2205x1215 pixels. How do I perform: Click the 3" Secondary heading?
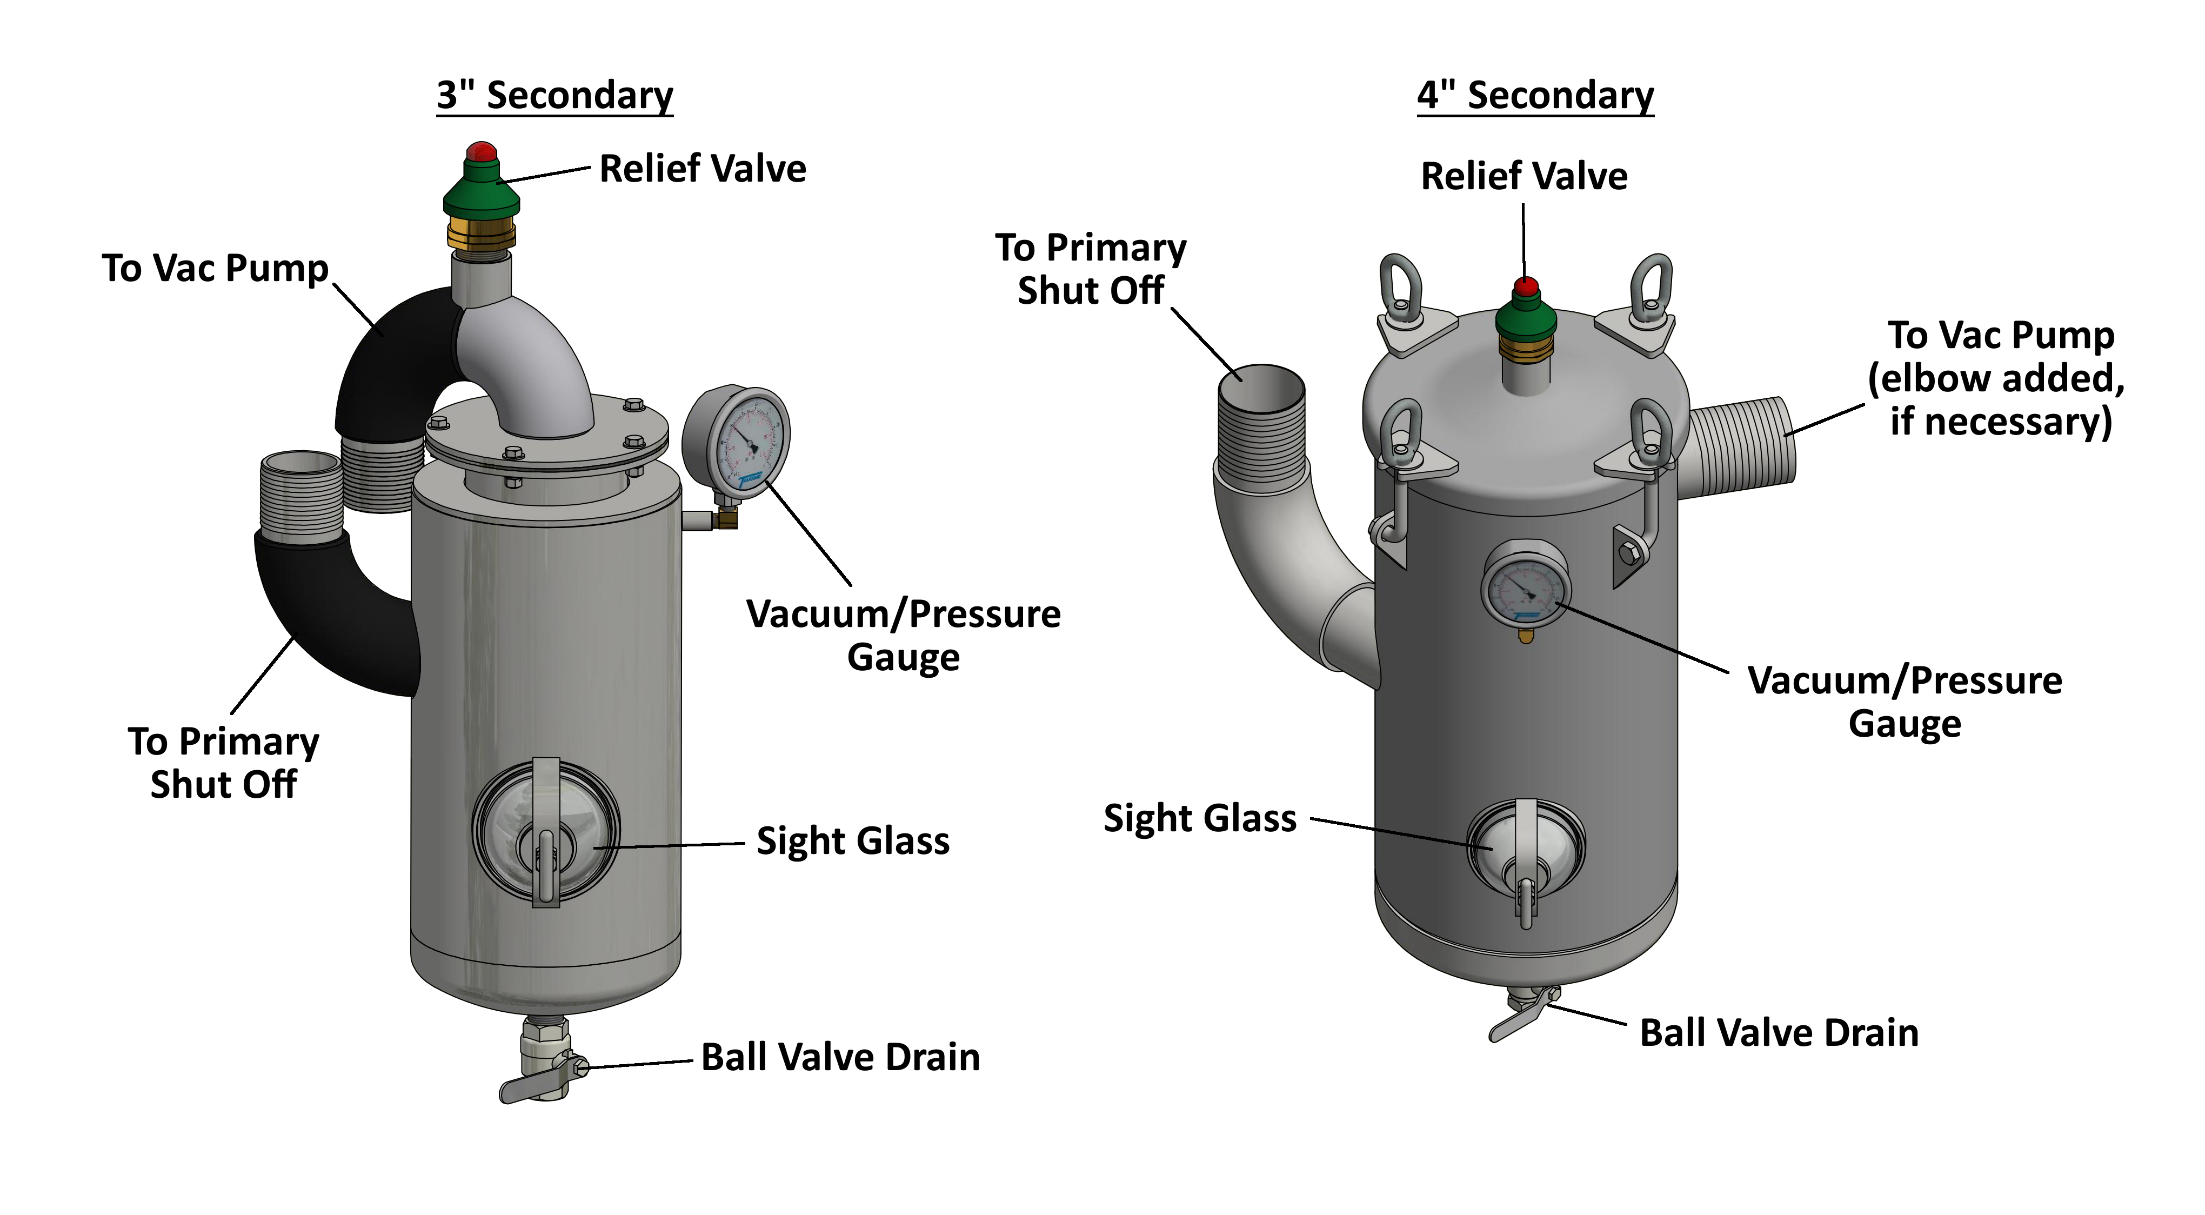pyautogui.click(x=554, y=95)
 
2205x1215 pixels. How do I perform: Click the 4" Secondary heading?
pyautogui.click(x=1535, y=95)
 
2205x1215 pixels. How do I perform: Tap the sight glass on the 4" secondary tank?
pyautogui.click(x=1525, y=847)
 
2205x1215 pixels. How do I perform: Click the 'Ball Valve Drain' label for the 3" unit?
pyautogui.click(x=840, y=1058)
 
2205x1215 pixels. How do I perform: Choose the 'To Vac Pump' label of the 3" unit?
pyautogui.click(x=215, y=268)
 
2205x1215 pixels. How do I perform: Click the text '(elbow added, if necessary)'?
pyautogui.click(x=1997, y=400)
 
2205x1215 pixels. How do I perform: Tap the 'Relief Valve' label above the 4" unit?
pyautogui.click(x=1524, y=176)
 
